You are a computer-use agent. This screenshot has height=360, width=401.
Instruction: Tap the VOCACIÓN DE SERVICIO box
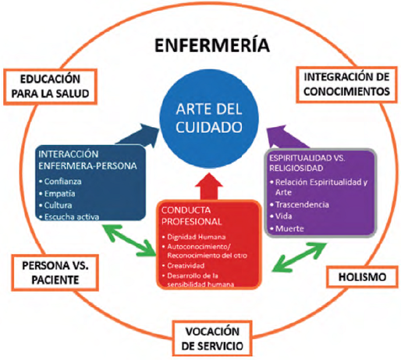[212, 337]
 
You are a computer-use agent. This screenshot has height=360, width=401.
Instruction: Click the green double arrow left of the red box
[128, 241]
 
